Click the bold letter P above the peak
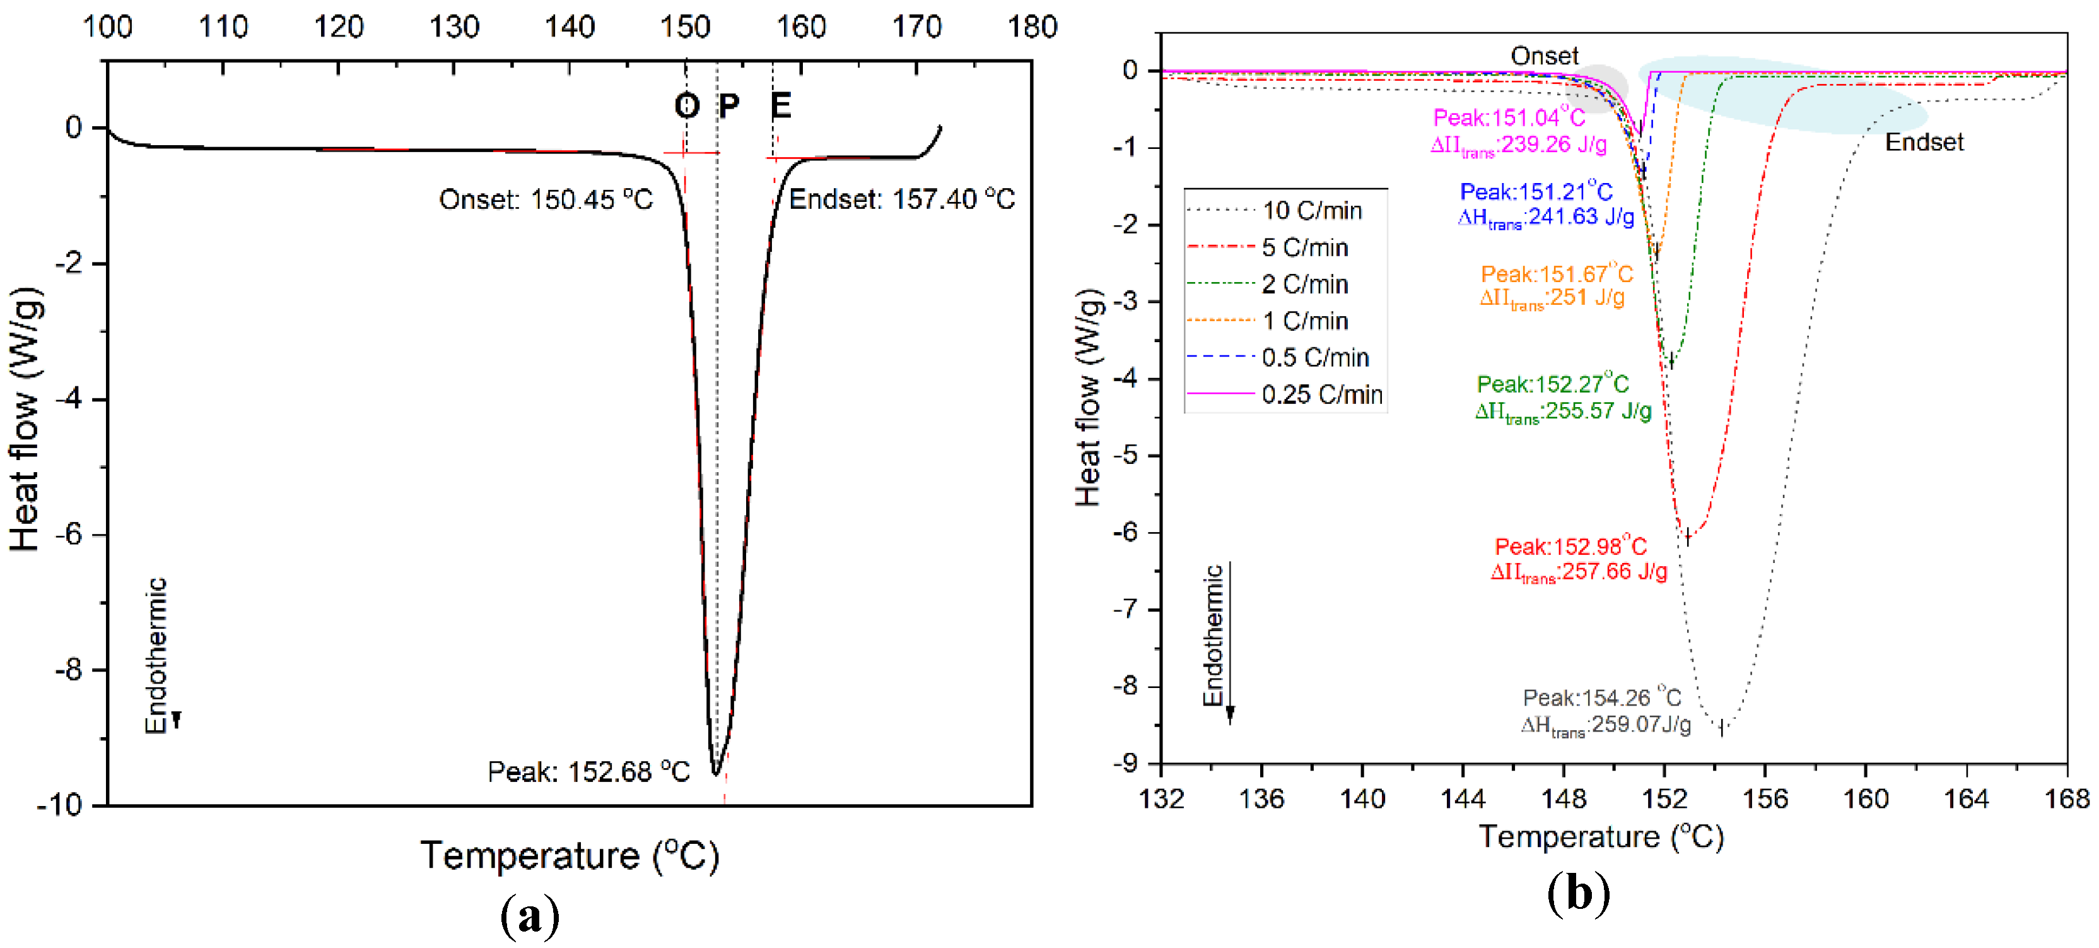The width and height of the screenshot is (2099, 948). pyautogui.click(x=728, y=105)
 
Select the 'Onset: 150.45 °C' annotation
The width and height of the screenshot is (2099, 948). pyautogui.click(x=545, y=199)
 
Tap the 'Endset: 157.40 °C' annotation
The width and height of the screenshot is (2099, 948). pyautogui.click(x=901, y=199)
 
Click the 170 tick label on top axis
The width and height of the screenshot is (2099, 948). pyautogui.click(x=916, y=27)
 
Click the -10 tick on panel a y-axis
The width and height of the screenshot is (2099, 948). pyautogui.click(x=59, y=805)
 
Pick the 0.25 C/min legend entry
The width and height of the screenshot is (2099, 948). pyautogui.click(x=1321, y=394)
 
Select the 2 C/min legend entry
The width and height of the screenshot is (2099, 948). pyautogui.click(x=1304, y=285)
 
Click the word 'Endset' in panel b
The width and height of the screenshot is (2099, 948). pyautogui.click(x=1924, y=143)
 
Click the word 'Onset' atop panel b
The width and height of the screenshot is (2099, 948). pyautogui.click(x=1543, y=56)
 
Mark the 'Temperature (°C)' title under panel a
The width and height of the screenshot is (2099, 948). pyautogui.click(x=569, y=856)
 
